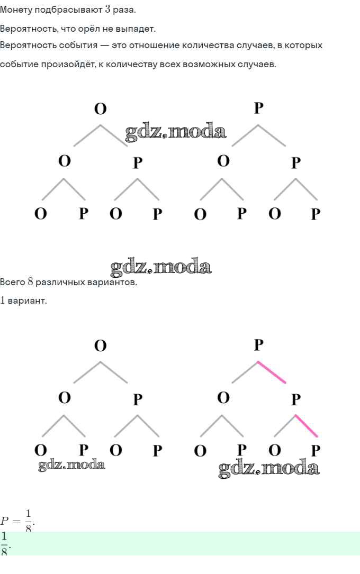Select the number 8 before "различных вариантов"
[31, 282]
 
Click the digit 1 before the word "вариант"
[3, 300]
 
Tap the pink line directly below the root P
[272, 372]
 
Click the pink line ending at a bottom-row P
[307, 426]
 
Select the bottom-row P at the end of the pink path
[316, 451]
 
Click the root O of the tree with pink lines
[100, 346]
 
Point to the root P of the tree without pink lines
[258, 108]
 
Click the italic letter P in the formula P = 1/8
[5, 520]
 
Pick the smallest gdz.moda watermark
[71, 466]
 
